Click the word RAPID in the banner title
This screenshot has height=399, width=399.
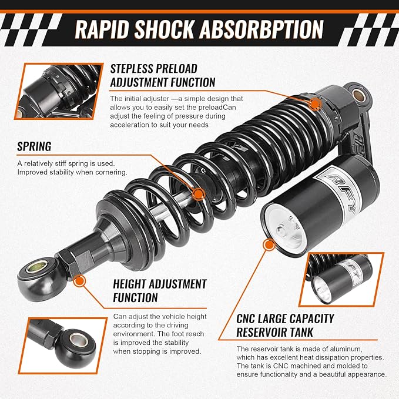pyautogui.click(x=102, y=29)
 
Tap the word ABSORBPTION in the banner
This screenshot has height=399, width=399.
pyautogui.click(x=261, y=29)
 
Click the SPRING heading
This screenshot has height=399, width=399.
pyautogui.click(x=34, y=146)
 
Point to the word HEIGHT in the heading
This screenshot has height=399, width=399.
pyautogui.click(x=131, y=284)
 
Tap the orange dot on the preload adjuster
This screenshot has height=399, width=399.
pyautogui.click(x=315, y=104)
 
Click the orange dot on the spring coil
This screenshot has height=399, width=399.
pyautogui.click(x=198, y=195)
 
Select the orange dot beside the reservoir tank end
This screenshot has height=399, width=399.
pyautogui.click(x=269, y=245)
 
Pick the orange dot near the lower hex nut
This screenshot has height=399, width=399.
pyautogui.click(x=79, y=281)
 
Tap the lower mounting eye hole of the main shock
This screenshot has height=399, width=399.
pyautogui.click(x=38, y=267)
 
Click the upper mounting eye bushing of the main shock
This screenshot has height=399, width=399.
pyautogui.click(x=359, y=95)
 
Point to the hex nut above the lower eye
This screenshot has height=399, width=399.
pyautogui.click(x=75, y=261)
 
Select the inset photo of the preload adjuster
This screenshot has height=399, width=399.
pyautogui.click(x=59, y=91)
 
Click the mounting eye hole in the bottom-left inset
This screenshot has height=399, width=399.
pyautogui.click(x=79, y=340)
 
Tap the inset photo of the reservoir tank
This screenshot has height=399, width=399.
pyautogui.click(x=341, y=279)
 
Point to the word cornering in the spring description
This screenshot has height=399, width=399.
pyautogui.click(x=112, y=173)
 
